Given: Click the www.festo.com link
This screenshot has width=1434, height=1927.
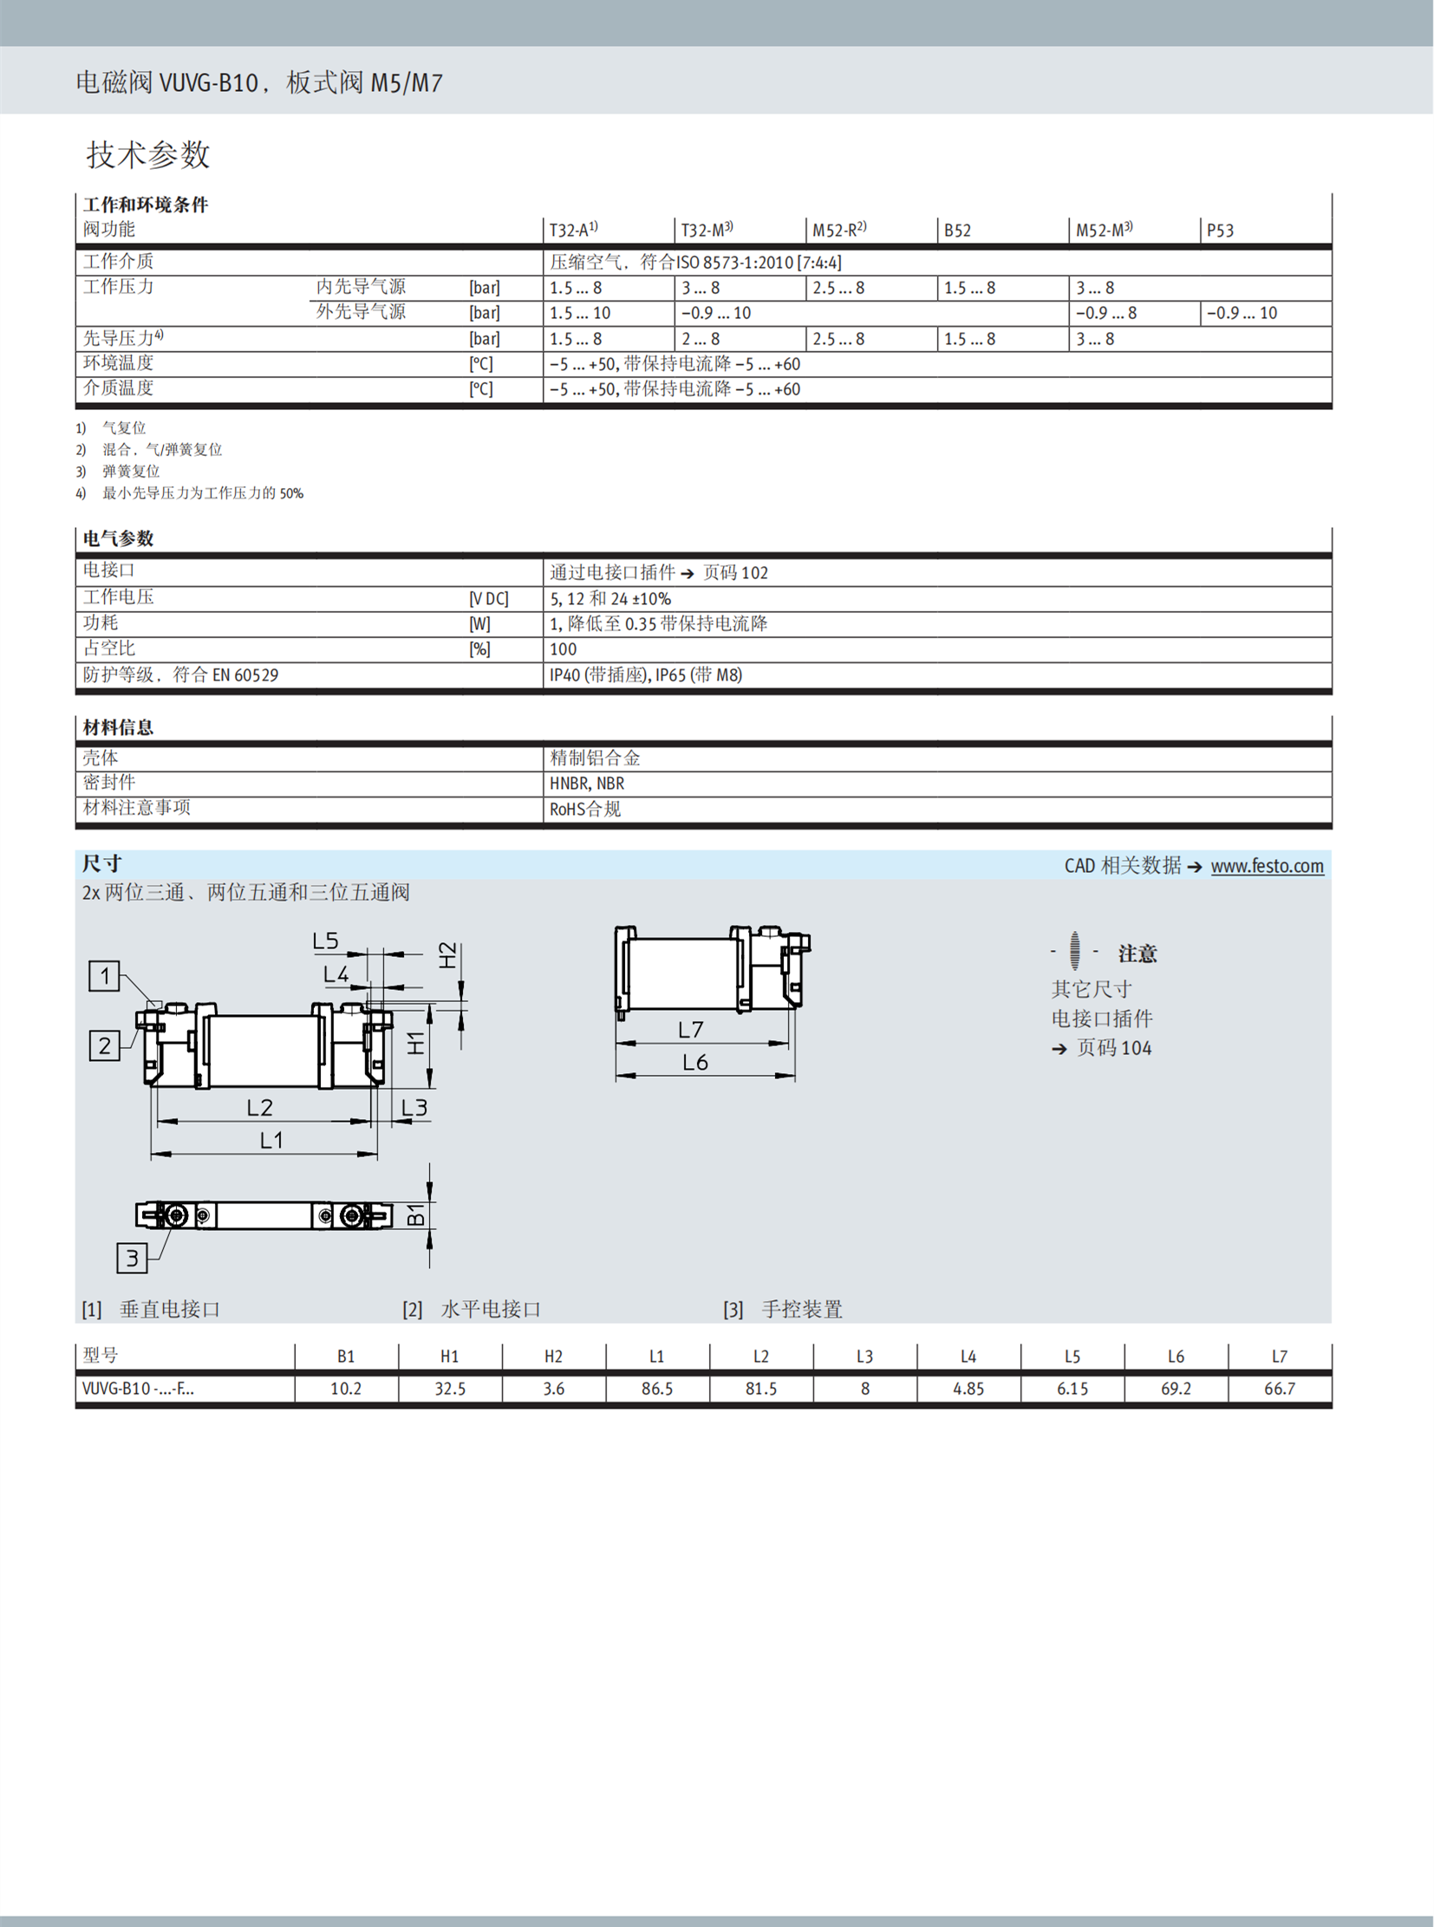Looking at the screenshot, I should click(1267, 865).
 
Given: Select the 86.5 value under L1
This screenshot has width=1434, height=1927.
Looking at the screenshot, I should click(657, 1389).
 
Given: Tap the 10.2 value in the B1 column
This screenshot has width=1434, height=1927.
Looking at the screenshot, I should click(345, 1389).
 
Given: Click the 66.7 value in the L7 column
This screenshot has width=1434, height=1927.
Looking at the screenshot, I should click(1280, 1389).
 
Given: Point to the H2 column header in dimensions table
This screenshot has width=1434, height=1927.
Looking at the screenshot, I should click(553, 1357).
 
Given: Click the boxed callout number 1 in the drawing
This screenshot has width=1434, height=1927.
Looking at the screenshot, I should click(105, 976).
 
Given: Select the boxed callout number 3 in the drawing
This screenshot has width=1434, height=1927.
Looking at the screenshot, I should click(132, 1258).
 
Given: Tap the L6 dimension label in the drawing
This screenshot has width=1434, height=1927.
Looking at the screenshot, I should click(695, 1063).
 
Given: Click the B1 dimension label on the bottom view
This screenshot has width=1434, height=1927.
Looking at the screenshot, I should click(417, 1214).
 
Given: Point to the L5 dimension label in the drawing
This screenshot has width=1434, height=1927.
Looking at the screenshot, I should click(325, 941).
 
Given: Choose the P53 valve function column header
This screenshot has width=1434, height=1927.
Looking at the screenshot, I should click(1220, 231).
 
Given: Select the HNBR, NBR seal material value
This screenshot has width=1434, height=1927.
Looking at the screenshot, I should click(587, 784).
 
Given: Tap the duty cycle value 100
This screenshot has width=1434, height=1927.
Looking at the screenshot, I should click(563, 649).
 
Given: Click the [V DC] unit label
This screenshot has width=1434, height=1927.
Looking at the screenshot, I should click(489, 599).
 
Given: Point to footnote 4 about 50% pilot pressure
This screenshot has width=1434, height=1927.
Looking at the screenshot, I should click(202, 493).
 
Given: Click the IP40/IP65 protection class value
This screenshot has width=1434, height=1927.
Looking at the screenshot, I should click(646, 675).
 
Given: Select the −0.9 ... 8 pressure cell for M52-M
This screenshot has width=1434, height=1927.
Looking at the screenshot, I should click(1106, 313).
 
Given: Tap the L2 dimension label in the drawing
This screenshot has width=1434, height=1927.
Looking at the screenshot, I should click(259, 1108).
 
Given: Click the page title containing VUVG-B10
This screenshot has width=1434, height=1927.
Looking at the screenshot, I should click(258, 82).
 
